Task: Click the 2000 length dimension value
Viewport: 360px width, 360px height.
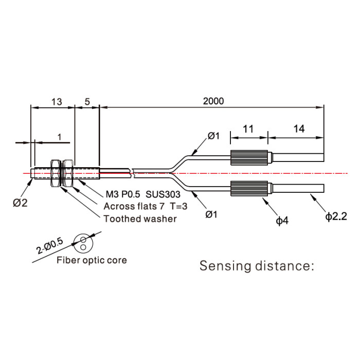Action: tap(213, 101)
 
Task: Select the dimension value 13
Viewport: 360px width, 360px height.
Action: tap(57, 101)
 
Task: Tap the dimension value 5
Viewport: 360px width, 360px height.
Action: tap(87, 101)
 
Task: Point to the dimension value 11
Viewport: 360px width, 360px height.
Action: tap(248, 129)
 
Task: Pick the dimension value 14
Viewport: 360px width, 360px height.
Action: tap(299, 129)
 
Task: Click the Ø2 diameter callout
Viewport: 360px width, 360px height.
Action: tap(20, 203)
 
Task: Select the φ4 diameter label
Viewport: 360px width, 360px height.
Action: tap(282, 221)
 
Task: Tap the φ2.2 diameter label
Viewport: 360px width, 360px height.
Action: tap(336, 217)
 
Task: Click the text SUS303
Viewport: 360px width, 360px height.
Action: tap(163, 194)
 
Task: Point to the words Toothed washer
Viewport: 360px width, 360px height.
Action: tap(140, 219)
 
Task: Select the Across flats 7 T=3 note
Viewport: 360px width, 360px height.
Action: tap(146, 206)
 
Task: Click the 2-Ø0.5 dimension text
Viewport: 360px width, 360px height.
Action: tap(49, 246)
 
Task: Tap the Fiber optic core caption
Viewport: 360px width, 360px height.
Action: tap(92, 260)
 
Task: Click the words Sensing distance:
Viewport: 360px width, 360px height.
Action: tap(257, 266)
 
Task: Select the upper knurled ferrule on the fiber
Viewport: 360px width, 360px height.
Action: tap(249, 157)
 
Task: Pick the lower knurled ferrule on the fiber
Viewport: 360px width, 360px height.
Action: tap(249, 189)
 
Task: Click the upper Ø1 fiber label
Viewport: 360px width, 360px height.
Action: tap(213, 136)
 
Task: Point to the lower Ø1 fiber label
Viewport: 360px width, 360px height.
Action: tap(211, 214)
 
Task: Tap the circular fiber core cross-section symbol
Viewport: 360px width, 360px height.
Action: tap(83, 244)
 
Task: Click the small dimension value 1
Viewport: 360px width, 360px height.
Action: tap(60, 137)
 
